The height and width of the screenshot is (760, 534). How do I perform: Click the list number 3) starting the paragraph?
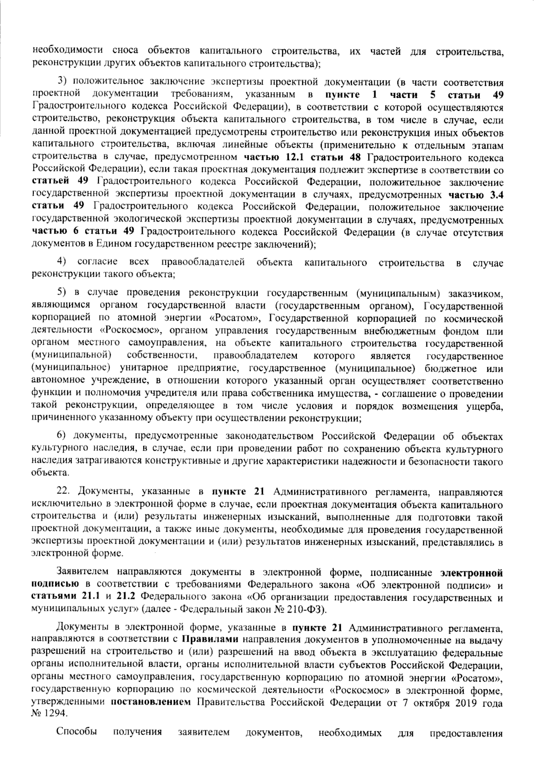(62, 83)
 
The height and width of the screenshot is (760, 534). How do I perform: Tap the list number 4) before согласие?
(62, 263)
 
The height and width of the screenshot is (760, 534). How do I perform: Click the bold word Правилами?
(210, 640)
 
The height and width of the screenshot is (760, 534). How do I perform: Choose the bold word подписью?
(56, 584)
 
